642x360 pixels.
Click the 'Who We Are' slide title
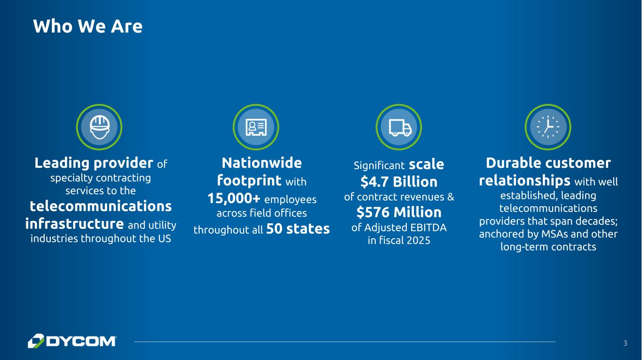point(87,26)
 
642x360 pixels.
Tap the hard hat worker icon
point(99,127)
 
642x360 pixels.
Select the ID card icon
point(256,127)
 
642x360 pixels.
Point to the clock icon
point(548,127)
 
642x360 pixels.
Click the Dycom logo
point(72,341)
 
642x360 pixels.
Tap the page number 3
point(625,343)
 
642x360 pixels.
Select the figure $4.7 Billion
point(399,181)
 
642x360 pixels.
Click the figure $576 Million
point(399,212)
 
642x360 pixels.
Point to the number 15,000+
point(234,198)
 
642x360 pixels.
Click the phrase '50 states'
point(298,228)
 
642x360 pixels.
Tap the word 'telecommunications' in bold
point(101,206)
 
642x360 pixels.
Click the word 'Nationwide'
point(262,163)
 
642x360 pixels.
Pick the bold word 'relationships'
point(524,180)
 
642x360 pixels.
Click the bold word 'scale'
point(427,164)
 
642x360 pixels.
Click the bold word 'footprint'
point(249,180)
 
